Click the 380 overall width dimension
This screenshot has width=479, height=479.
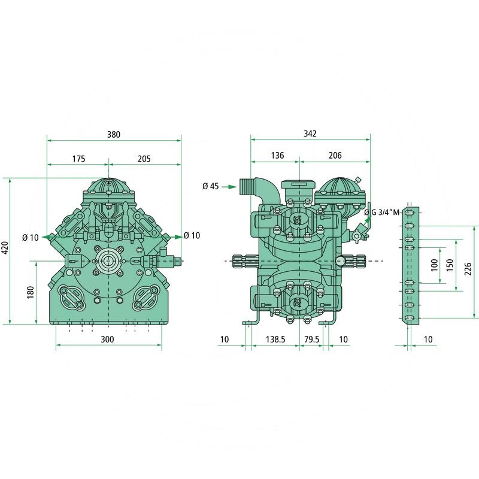[x=114, y=134]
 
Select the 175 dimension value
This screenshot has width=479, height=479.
[x=78, y=159]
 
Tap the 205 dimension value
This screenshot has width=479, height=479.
[x=144, y=159]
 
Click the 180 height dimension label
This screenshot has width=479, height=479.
[x=31, y=292]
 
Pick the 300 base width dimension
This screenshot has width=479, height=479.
[x=107, y=339]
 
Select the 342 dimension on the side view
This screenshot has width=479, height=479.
[x=310, y=134]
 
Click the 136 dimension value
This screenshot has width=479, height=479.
[x=277, y=156]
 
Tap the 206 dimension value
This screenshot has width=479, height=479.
[x=335, y=156]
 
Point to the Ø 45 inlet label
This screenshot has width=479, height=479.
[x=211, y=186]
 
